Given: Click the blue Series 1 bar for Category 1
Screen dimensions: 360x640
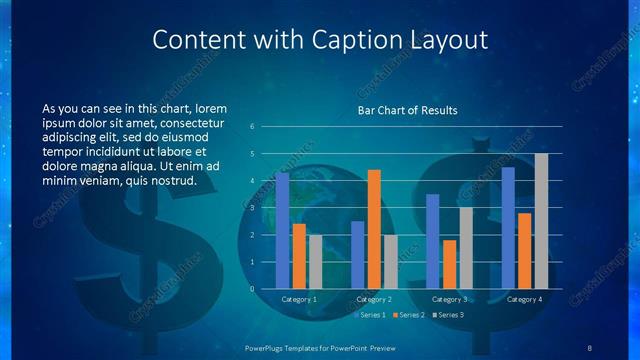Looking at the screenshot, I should click(x=282, y=231).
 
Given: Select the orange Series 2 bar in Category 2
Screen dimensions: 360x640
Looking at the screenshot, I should click(x=374, y=229).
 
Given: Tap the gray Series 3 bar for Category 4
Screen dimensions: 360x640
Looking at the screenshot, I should click(x=541, y=221).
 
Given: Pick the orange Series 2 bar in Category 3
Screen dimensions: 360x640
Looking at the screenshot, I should click(x=449, y=264).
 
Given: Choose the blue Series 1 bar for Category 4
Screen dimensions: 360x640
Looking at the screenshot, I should click(x=508, y=228).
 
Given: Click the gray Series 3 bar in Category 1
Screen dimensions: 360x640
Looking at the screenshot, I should click(x=315, y=262).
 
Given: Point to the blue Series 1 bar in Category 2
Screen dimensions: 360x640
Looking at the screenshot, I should click(x=357, y=255).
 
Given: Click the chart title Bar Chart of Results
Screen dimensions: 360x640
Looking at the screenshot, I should click(x=407, y=110).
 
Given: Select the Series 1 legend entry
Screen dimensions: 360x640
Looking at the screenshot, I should click(x=373, y=315).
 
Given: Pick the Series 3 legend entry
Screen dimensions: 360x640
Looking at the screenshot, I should click(x=448, y=315).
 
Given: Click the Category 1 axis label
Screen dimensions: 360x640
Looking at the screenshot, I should click(x=299, y=300).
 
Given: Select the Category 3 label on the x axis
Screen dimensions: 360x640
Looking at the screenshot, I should click(x=449, y=300).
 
